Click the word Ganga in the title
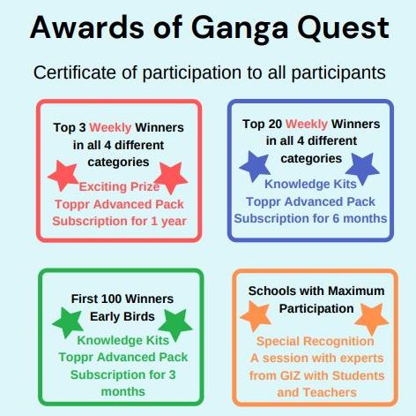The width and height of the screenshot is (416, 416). pyautogui.click(x=240, y=29)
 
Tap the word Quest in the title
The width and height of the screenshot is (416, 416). pyautogui.click(x=343, y=28)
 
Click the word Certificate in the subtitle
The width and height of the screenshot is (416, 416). pyautogui.click(x=75, y=72)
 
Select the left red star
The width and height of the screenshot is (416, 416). pyautogui.click(x=63, y=176)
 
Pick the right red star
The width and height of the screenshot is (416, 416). pyautogui.click(x=171, y=178)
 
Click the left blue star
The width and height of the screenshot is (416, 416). pyautogui.click(x=255, y=166)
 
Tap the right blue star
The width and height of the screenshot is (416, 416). pyautogui.click(x=362, y=168)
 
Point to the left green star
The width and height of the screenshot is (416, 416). pyautogui.click(x=68, y=321)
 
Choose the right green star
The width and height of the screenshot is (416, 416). pyautogui.click(x=175, y=324)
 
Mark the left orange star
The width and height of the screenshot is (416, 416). pyautogui.click(x=256, y=315)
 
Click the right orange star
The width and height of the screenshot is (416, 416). pyautogui.click(x=372, y=319)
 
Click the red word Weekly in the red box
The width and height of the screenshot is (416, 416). pyautogui.click(x=110, y=128)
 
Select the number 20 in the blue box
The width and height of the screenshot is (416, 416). pyautogui.click(x=275, y=124)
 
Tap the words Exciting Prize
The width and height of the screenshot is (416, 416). pyautogui.click(x=119, y=186)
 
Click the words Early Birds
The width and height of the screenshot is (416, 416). pyautogui.click(x=123, y=316)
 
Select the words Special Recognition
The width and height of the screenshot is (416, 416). pyautogui.click(x=315, y=342)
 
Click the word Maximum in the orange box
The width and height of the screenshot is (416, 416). pyautogui.click(x=356, y=291)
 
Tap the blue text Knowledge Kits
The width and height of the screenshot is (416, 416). pyautogui.click(x=310, y=184)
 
